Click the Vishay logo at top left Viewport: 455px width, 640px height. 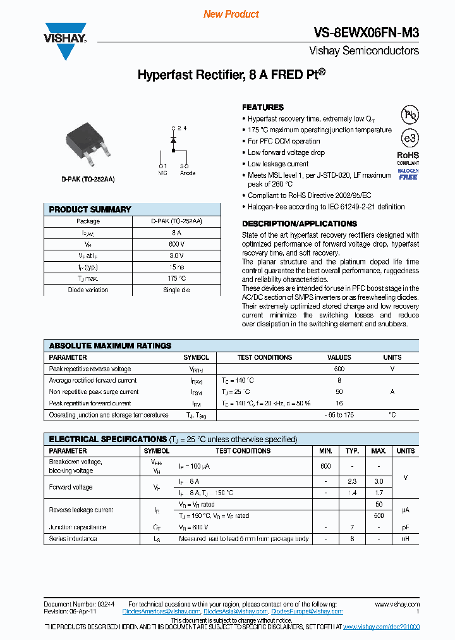pos(64,41)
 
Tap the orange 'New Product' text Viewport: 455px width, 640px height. pos(231,14)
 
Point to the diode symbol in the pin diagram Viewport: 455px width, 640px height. pos(173,141)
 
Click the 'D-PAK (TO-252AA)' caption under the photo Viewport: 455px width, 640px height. pos(88,180)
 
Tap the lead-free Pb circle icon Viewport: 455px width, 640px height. pos(409,114)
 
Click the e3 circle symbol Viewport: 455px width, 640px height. pos(409,138)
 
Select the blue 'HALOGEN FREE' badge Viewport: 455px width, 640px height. pos(408,174)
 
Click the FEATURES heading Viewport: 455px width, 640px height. pos(263,108)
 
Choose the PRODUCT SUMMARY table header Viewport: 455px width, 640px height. pos(90,209)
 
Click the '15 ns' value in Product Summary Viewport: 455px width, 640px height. pos(176,267)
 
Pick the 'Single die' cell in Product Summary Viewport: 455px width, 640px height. pos(176,290)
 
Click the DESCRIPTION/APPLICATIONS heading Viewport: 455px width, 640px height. pos(300,224)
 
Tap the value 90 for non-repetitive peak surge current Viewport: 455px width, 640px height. pos(339,392)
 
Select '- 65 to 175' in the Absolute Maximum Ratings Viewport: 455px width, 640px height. pos(339,415)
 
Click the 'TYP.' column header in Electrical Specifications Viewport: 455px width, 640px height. pos(352,451)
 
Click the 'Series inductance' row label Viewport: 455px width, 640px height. pos(73,539)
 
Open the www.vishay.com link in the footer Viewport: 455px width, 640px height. pos(397,605)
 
